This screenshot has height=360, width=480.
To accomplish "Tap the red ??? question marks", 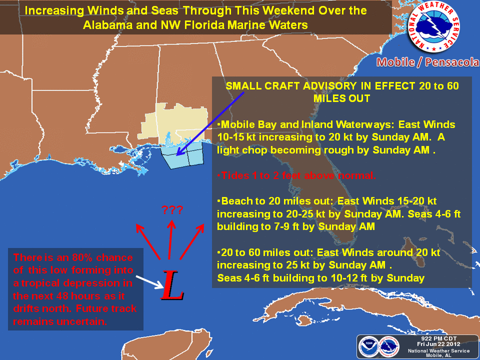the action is [x=172, y=210].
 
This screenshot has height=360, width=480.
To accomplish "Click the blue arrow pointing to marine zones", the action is [x=210, y=123].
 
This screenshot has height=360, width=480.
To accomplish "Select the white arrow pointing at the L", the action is [x=149, y=282].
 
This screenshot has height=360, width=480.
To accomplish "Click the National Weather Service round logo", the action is [x=433, y=26].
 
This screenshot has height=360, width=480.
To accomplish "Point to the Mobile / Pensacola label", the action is [x=428, y=62].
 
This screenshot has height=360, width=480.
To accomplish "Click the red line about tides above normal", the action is [x=296, y=175].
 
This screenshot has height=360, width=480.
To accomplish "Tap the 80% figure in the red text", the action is [x=82, y=257].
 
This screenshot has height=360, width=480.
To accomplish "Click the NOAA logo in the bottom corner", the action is [x=368, y=347].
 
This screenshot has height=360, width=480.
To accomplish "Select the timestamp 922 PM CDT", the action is [x=438, y=338].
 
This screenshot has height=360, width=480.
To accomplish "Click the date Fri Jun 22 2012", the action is [x=438, y=344].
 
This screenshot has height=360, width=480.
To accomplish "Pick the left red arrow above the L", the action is [x=148, y=242].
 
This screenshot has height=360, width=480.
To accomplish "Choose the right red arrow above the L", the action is [x=192, y=242].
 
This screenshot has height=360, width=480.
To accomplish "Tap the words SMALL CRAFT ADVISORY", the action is [x=291, y=85].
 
